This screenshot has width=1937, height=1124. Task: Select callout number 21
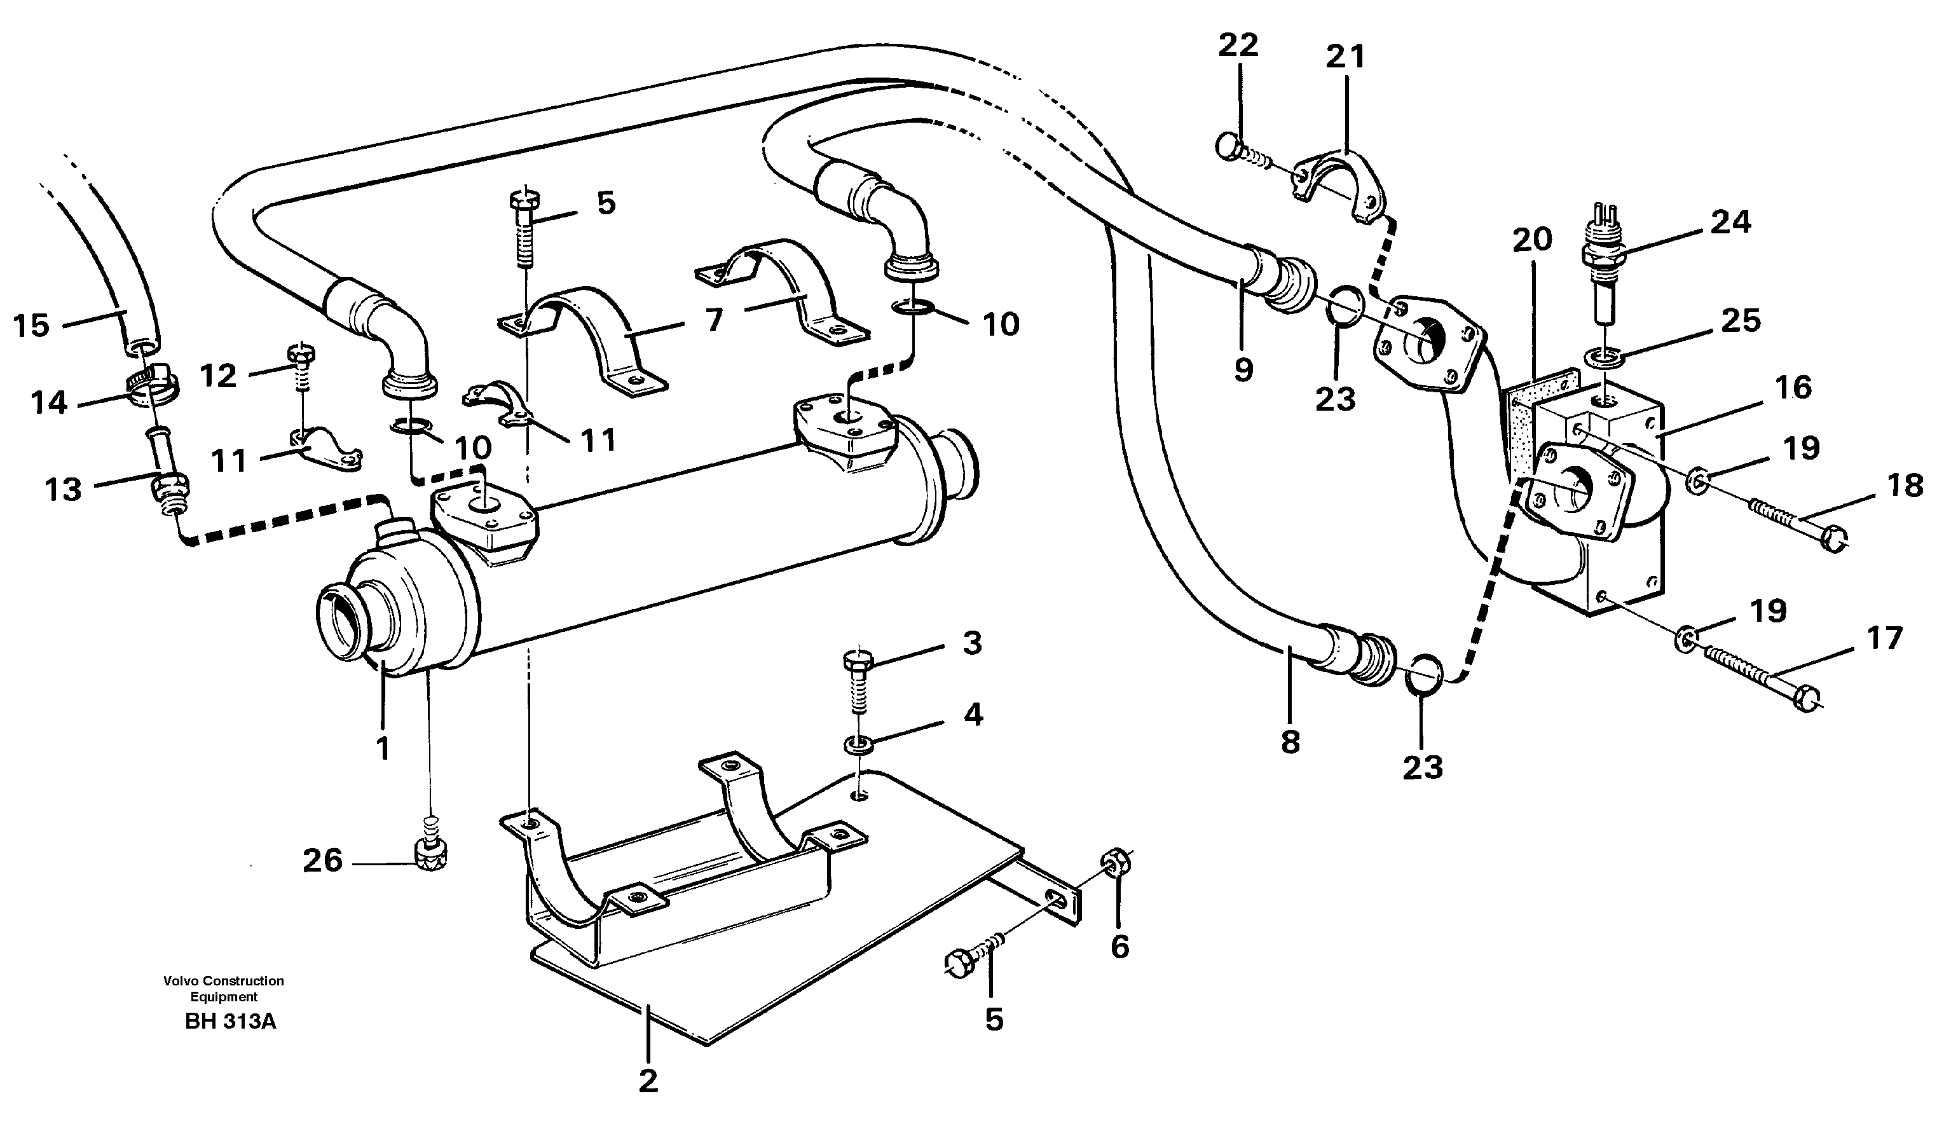click(x=1346, y=57)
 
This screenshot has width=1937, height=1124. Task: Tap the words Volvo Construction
click(x=223, y=981)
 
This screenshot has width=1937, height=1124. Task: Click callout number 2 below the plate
click(x=648, y=1081)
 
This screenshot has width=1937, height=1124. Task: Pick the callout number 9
click(x=1243, y=371)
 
